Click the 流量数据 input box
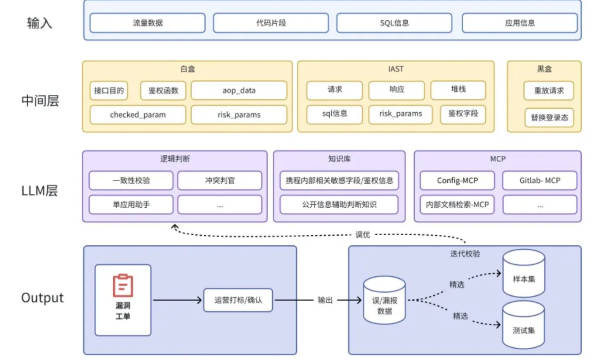point(148,23)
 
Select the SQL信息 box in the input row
point(394,23)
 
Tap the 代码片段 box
point(271,23)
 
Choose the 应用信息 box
point(520,23)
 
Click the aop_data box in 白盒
point(239,91)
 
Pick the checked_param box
point(138,115)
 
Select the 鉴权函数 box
point(163,91)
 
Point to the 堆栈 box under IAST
point(458,90)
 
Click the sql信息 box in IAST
point(334,114)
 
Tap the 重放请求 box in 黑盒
point(549,91)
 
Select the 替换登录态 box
point(549,118)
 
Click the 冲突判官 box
point(220,181)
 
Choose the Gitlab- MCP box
point(539,181)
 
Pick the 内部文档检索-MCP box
point(457,205)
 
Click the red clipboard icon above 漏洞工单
point(123,285)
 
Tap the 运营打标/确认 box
point(238,300)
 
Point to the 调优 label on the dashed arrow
point(363,235)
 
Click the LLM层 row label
point(39,191)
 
